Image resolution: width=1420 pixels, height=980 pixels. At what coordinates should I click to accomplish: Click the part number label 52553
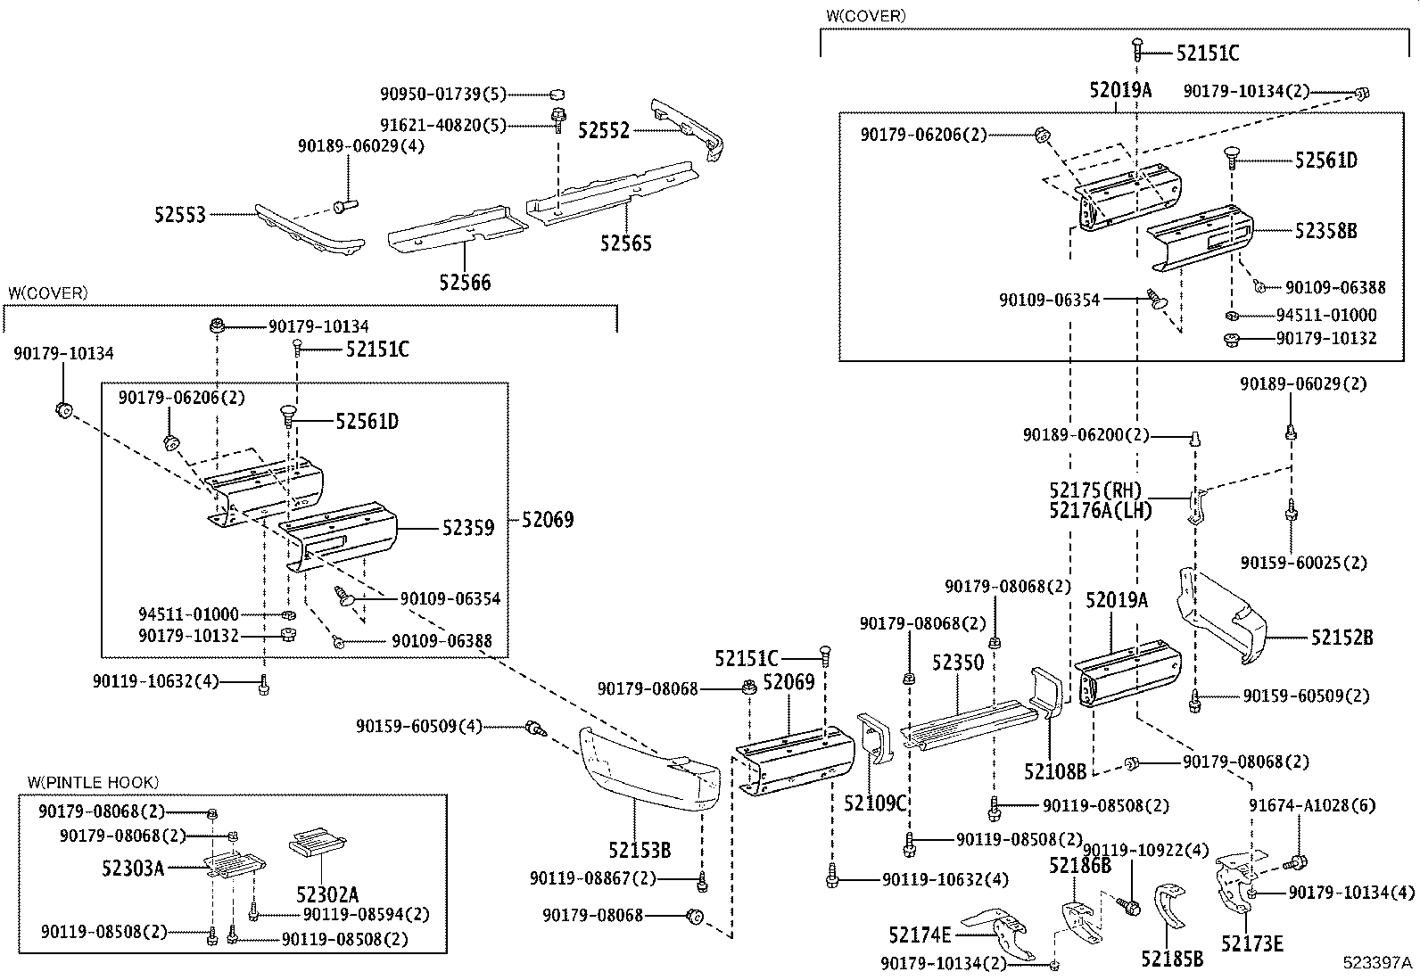(180, 215)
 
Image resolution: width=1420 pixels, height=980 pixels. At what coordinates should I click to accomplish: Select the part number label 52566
(465, 282)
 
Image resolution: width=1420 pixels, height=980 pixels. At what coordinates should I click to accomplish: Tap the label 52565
(625, 243)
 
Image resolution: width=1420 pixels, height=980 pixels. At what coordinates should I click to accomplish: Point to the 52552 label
(604, 130)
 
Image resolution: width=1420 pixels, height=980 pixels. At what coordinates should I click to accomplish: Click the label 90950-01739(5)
(443, 95)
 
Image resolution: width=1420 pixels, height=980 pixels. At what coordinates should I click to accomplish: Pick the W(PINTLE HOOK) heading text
(93, 782)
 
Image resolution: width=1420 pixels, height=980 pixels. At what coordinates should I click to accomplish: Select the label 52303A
(133, 868)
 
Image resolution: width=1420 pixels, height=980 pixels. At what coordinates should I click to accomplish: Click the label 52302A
(327, 894)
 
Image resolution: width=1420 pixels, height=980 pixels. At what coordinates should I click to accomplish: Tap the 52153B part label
(640, 850)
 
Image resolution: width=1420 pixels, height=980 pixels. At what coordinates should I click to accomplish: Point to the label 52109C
(875, 803)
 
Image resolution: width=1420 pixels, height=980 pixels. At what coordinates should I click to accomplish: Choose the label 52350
(958, 663)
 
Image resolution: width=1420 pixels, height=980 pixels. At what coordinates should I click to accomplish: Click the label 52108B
(1055, 771)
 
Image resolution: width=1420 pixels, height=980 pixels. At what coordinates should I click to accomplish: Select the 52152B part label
(1342, 637)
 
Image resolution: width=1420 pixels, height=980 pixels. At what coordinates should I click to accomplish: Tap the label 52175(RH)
(1095, 490)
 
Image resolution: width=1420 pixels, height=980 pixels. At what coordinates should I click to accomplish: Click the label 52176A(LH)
(1101, 510)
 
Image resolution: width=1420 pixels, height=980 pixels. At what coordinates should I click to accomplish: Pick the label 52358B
(1326, 231)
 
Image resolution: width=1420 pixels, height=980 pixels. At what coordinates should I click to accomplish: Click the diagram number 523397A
(1377, 963)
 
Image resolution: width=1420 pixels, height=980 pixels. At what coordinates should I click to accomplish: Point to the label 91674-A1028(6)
(1312, 806)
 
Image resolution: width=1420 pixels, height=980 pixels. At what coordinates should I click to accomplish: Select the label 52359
(468, 528)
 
